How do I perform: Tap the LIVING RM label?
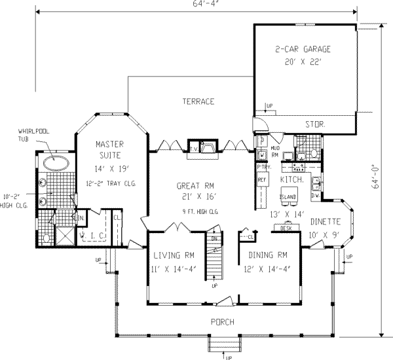pos(169,255)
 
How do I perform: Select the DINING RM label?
pos(263,255)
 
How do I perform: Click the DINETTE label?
pos(326,221)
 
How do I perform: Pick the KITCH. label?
pos(290,179)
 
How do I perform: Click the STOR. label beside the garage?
pos(315,123)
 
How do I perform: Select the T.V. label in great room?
pos(195,149)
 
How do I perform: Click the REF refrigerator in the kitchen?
pos(261,179)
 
